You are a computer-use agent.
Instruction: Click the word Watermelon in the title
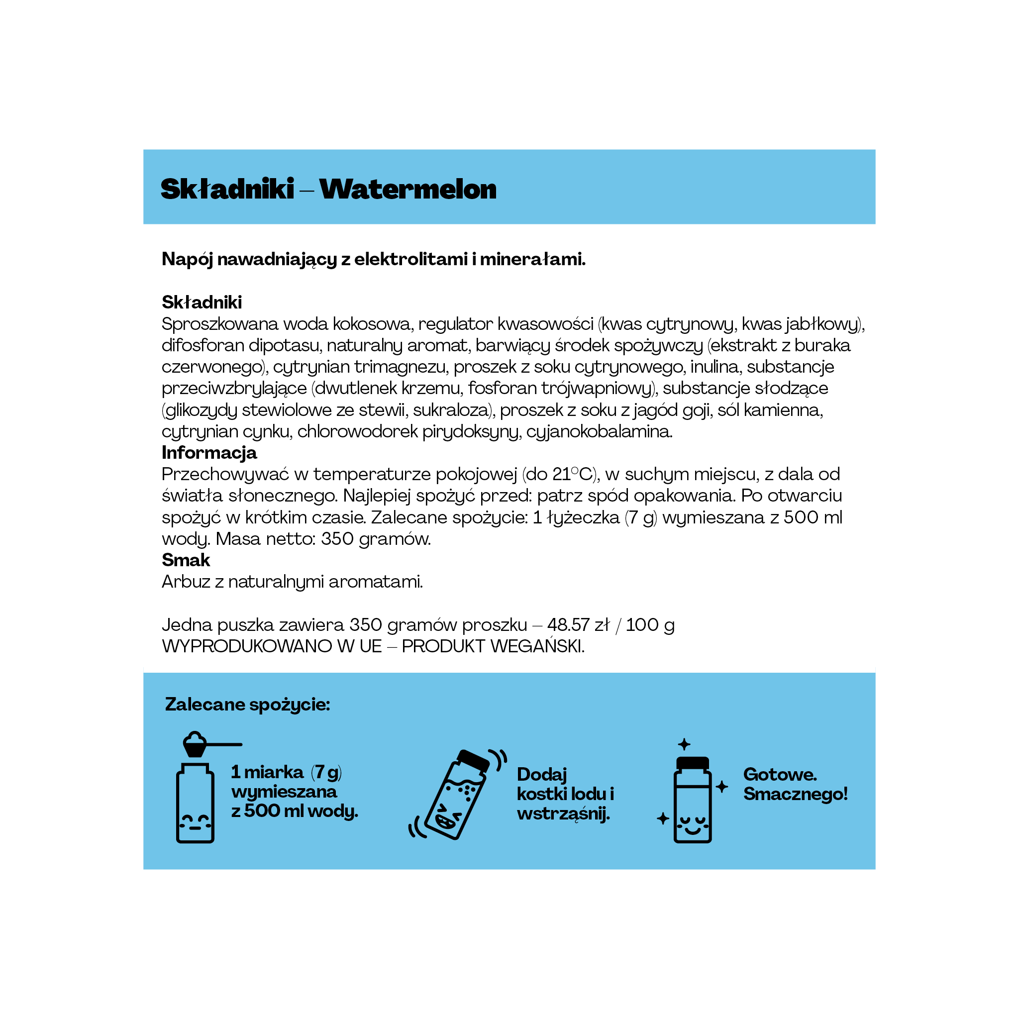click(408, 190)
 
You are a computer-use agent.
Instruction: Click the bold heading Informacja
click(209, 453)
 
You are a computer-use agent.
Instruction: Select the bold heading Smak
click(186, 560)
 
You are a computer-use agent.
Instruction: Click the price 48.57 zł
click(579, 624)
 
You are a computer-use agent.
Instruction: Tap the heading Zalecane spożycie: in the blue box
click(247, 705)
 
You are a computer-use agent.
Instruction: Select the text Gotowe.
click(780, 774)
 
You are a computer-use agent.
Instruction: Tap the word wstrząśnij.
click(563, 814)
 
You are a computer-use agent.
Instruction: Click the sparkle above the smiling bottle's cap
click(684, 744)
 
